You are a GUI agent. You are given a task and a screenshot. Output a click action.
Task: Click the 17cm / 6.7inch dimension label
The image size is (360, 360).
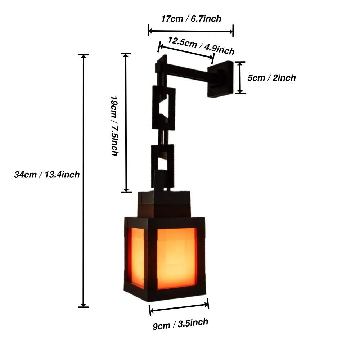(x=191, y=19)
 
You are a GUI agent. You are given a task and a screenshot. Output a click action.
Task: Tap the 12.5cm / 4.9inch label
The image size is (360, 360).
(x=201, y=46)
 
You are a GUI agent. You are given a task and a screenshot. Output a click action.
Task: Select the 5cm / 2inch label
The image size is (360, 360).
(x=271, y=78)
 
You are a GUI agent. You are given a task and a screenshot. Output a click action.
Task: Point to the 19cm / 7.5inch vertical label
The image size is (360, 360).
(x=114, y=126)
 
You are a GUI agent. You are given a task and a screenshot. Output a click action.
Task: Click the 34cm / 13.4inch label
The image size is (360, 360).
(x=47, y=175)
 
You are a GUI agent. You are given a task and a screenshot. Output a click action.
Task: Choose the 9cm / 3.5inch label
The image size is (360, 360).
(x=180, y=324)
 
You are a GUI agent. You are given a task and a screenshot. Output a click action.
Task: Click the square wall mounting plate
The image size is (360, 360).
(x=220, y=79)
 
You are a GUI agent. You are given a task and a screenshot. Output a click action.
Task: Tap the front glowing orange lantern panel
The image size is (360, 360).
(x=176, y=258)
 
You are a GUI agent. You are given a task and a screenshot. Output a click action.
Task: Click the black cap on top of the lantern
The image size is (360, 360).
(x=164, y=204)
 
